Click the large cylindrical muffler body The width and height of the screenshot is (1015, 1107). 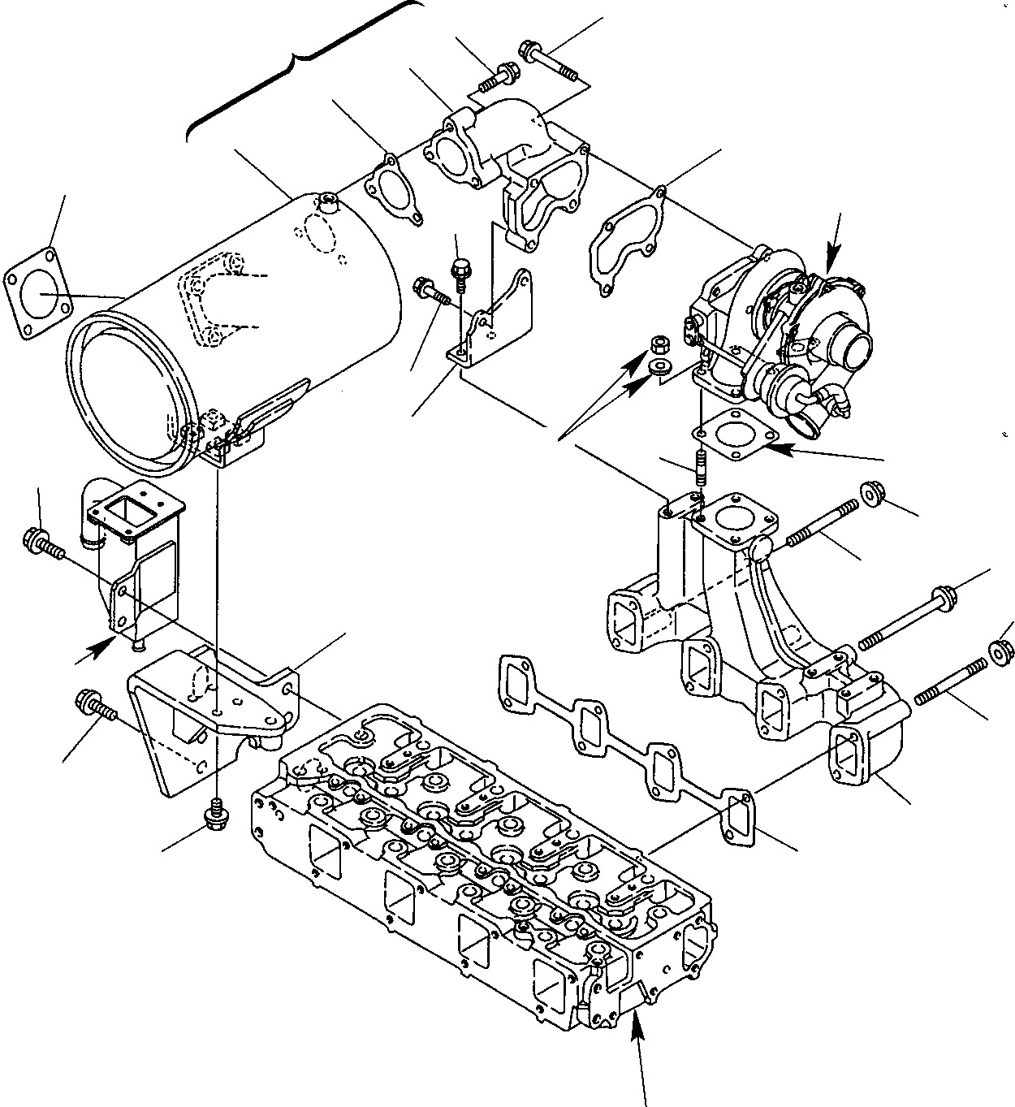268,325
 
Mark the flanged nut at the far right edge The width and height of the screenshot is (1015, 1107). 1002,651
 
